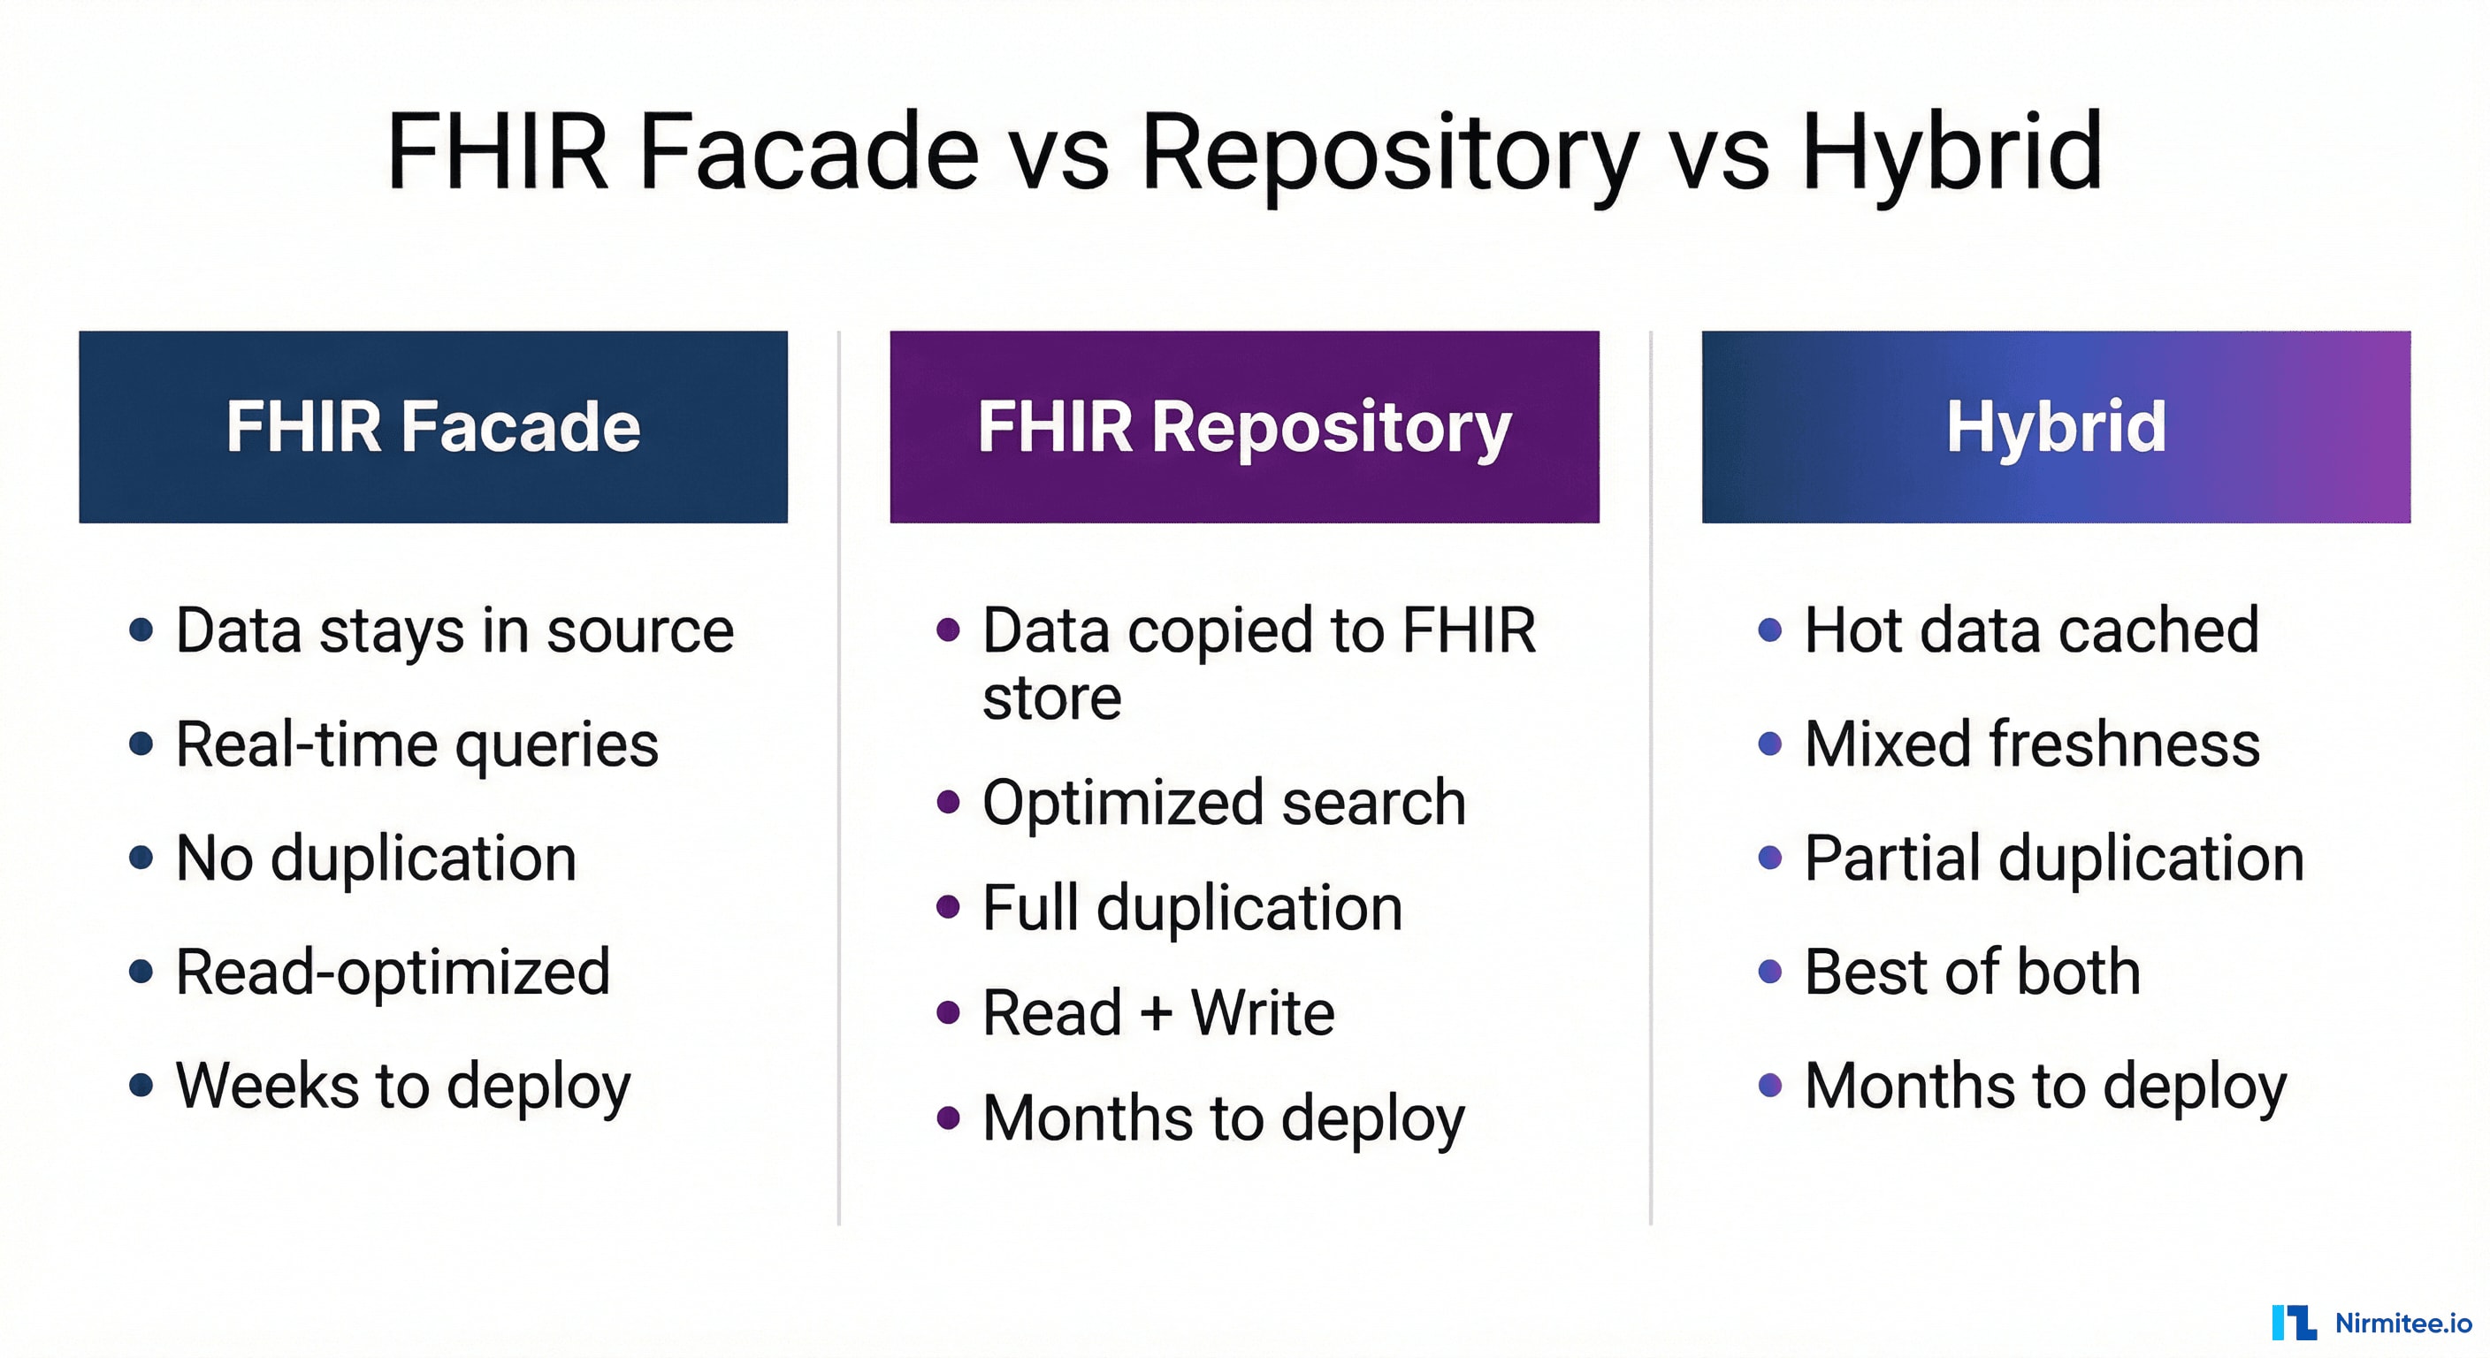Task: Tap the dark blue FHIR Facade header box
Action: (x=433, y=426)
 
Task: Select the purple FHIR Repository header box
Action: (x=1244, y=426)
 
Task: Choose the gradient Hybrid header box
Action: (x=2056, y=426)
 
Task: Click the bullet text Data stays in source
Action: (x=454, y=631)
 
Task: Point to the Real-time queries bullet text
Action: (x=416, y=745)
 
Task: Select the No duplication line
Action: (x=376, y=858)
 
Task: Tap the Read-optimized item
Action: (x=393, y=972)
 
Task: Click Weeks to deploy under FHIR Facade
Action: (x=403, y=1086)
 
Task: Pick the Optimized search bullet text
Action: (x=1224, y=802)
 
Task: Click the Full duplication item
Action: (x=1192, y=908)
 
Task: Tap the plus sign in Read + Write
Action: (x=1156, y=1014)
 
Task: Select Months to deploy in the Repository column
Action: (x=1224, y=1118)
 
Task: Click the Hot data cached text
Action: (x=2032, y=631)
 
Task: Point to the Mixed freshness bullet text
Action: (x=2032, y=745)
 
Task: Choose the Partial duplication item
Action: (x=2054, y=858)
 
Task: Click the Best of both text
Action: (x=1972, y=972)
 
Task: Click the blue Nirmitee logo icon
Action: (x=2293, y=1323)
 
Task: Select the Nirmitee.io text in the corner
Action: (x=2403, y=1324)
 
